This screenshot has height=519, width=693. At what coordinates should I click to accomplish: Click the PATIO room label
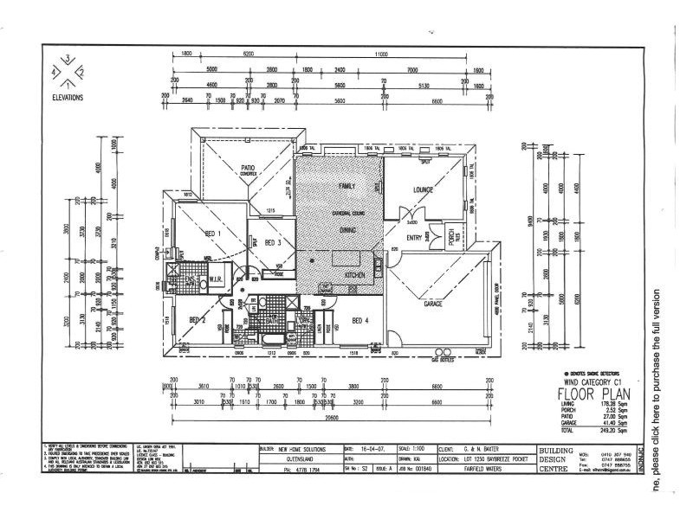coord(247,168)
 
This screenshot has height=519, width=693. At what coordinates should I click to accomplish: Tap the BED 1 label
coord(212,234)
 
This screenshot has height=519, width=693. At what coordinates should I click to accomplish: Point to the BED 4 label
coord(361,320)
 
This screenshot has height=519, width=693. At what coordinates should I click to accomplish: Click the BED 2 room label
coord(198,320)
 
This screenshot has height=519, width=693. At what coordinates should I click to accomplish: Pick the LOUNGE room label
coord(424,189)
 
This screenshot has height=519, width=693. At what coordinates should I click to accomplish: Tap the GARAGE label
coord(433,304)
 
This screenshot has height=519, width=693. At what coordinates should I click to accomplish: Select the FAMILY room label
coord(346,186)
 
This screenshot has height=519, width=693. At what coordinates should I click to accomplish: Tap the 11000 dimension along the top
coord(381,54)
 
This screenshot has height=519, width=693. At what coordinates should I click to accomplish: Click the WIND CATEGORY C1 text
coord(593,381)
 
